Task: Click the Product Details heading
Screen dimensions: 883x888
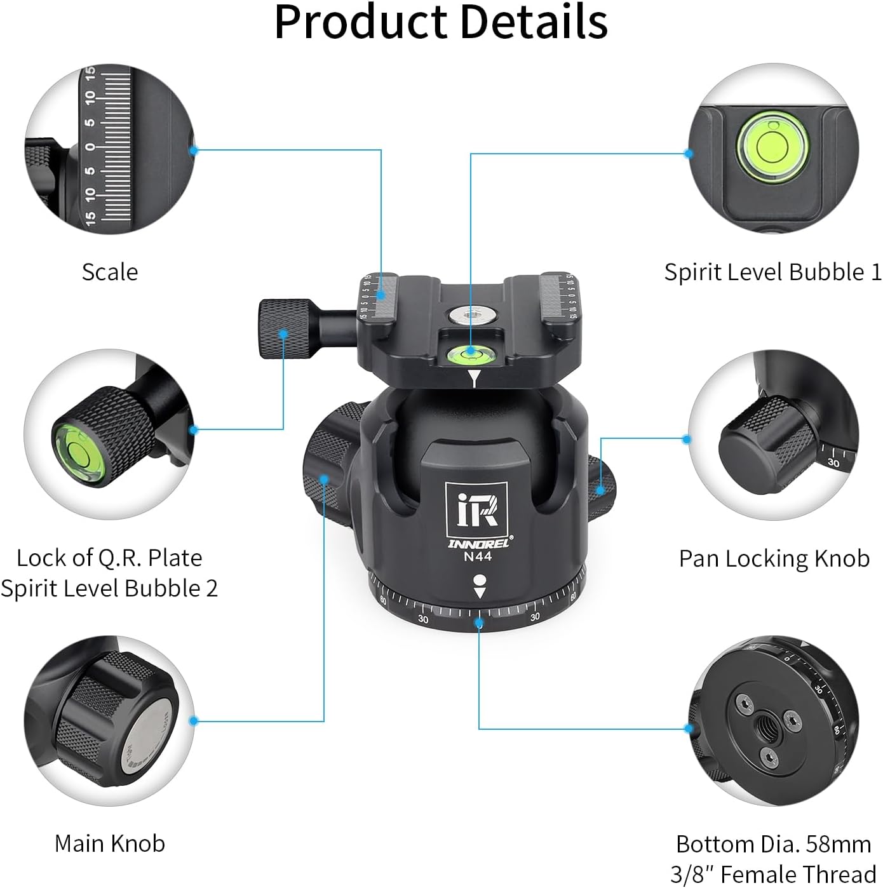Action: [441, 22]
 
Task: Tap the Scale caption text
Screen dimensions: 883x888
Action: [110, 272]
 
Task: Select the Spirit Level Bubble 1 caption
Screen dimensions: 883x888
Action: [772, 272]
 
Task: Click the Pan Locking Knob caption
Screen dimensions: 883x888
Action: [774, 558]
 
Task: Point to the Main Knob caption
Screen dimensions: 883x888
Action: [110, 844]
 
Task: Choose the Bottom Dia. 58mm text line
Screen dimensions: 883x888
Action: [773, 844]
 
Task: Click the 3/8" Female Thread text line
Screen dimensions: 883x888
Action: [773, 874]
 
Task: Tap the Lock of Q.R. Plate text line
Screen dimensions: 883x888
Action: [109, 558]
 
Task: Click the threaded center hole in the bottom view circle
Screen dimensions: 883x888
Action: [761, 724]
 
